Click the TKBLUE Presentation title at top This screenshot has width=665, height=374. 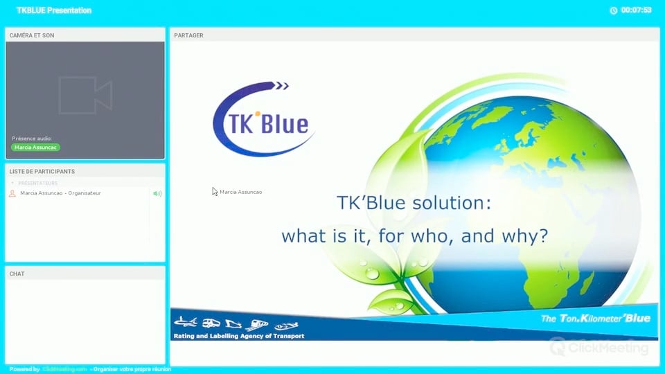[x=54, y=10]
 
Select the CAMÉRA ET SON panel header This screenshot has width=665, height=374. [x=32, y=35]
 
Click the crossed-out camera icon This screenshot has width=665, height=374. [x=85, y=95]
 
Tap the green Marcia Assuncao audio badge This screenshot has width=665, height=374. [x=35, y=148]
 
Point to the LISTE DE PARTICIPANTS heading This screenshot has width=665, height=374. [x=42, y=171]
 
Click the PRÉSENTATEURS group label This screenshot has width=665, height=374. [x=38, y=184]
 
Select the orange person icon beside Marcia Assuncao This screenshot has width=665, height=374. [x=12, y=193]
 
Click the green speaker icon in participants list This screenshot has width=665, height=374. [x=157, y=193]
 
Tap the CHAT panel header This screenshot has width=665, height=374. [x=17, y=274]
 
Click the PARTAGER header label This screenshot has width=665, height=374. [x=189, y=35]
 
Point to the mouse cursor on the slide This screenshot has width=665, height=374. [x=215, y=191]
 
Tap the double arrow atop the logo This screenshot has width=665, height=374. [x=281, y=86]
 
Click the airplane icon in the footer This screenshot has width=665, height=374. [x=185, y=322]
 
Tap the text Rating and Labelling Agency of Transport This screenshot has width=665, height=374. [x=239, y=336]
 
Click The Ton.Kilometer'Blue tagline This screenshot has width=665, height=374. [x=595, y=319]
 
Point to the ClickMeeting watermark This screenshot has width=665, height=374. [x=600, y=348]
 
